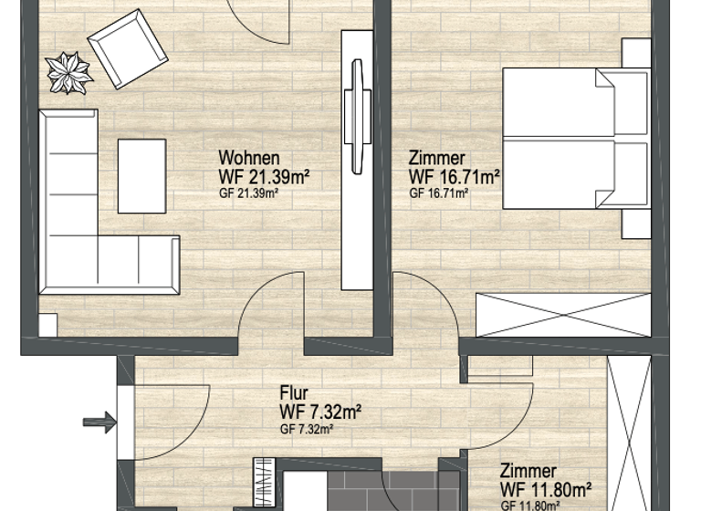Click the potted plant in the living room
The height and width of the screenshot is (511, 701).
point(68,72)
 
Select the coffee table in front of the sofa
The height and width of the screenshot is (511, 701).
point(141,176)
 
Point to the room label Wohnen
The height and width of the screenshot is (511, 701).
point(248,159)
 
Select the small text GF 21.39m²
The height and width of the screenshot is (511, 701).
point(248,193)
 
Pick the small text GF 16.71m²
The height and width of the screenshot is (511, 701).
point(439,193)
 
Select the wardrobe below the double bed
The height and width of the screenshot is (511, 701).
point(564,315)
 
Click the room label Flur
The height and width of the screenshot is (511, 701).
point(294,394)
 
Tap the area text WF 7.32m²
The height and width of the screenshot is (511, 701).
point(320,412)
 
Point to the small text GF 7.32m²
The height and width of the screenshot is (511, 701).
point(306,429)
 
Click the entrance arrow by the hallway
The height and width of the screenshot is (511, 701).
point(99,422)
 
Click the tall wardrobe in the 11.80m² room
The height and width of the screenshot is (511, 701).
point(627,429)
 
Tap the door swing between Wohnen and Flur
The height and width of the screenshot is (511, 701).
point(270,310)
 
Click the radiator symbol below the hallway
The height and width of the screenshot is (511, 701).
point(265,482)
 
